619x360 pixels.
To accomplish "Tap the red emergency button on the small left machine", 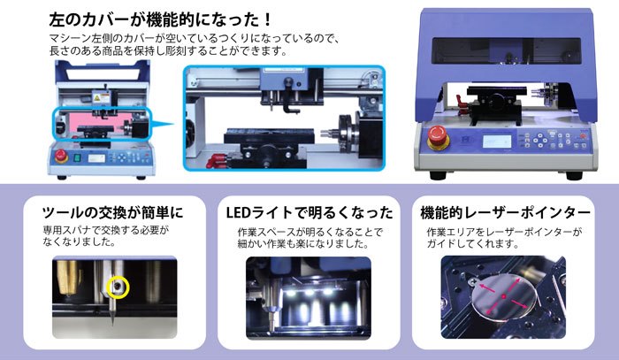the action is pyautogui.click(x=61, y=156).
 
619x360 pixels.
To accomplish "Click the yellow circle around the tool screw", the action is pyautogui.click(x=118, y=287).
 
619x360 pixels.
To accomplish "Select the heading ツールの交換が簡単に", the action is pyautogui.click(x=113, y=213).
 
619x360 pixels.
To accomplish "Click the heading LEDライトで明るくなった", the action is pyautogui.click(x=309, y=213).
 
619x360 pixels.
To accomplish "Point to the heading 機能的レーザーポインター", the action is pyautogui.click(x=505, y=213).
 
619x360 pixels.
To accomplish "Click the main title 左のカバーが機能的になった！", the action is pyautogui.click(x=161, y=19).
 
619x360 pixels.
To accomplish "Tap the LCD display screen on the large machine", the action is pyautogui.click(x=497, y=142).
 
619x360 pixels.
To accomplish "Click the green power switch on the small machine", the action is pyautogui.click(x=78, y=158).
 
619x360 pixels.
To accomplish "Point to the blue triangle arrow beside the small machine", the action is pyautogui.click(x=161, y=124).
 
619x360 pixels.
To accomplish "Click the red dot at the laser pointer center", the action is pyautogui.click(x=503, y=296).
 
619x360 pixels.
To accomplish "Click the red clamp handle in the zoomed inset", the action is pyautogui.click(x=217, y=161).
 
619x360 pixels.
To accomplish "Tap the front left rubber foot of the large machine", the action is pyautogui.click(x=438, y=175).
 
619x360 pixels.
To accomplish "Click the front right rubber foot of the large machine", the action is pyautogui.click(x=574, y=175).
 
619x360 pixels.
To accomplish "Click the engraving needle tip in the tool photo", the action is pyautogui.click(x=112, y=325).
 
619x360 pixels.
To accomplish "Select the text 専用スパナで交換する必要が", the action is pyautogui.click(x=106, y=230).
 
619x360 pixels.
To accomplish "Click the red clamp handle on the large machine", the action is pyautogui.click(x=462, y=103).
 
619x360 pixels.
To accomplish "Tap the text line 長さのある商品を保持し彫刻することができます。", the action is pyautogui.click(x=168, y=51).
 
